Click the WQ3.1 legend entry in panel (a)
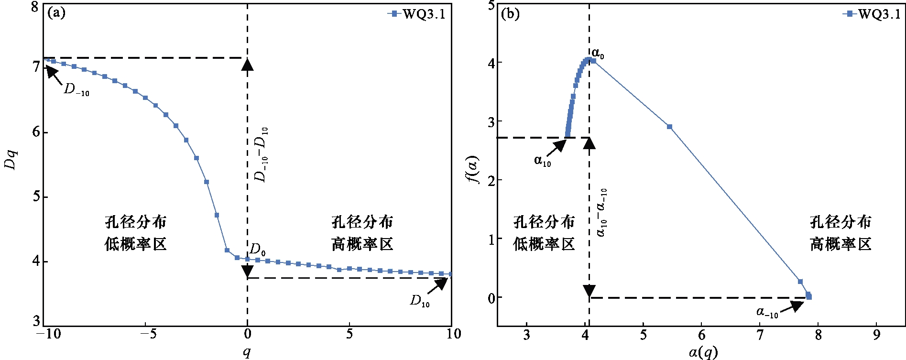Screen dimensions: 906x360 pos(416,14)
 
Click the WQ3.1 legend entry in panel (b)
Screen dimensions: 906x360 pos(871,14)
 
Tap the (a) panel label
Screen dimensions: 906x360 pos(56,13)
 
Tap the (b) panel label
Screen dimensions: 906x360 pos(510,14)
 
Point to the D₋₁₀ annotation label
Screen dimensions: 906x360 pos(76,90)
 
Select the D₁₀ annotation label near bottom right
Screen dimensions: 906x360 pos(420,301)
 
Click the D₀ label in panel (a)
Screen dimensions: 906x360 pos(258,249)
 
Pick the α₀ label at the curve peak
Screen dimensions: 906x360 pos(598,54)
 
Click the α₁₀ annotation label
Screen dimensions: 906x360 pos(543,161)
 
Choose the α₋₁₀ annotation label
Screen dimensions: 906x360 pos(767,313)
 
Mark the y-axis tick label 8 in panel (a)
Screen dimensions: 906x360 pos(34,8)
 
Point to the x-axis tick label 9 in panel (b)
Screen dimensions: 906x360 pos(876,335)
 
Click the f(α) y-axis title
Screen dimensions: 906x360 pos(474,170)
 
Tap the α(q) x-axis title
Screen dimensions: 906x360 pos(703,353)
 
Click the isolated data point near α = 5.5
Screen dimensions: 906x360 pos(669,127)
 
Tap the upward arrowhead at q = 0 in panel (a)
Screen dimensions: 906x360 pos(247,64)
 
